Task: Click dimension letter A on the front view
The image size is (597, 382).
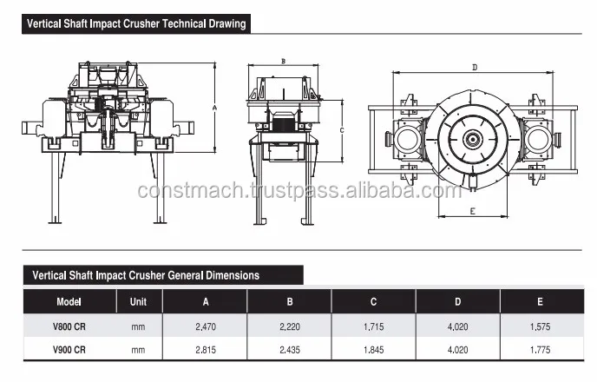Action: click(214, 108)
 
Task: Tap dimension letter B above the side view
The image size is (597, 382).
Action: click(283, 62)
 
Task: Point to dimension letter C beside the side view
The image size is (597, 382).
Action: click(342, 130)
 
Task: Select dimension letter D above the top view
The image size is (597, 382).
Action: click(475, 68)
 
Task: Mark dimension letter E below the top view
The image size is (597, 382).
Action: click(473, 211)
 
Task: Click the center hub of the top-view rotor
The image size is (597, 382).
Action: click(473, 140)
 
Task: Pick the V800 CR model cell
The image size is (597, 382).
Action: click(69, 326)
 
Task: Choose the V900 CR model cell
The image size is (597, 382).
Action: click(69, 350)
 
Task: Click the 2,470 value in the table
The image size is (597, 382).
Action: click(206, 326)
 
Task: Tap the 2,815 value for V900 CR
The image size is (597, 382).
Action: click(206, 350)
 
